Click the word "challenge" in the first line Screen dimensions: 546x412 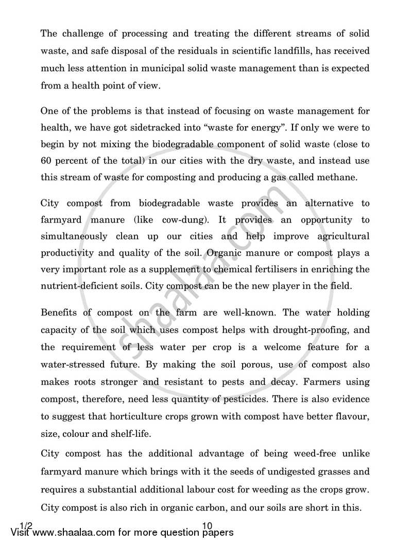click(x=83, y=35)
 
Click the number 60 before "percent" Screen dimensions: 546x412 click(x=47, y=161)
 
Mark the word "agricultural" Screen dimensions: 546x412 click(x=341, y=236)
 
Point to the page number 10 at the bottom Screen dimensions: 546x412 click(x=208, y=526)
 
